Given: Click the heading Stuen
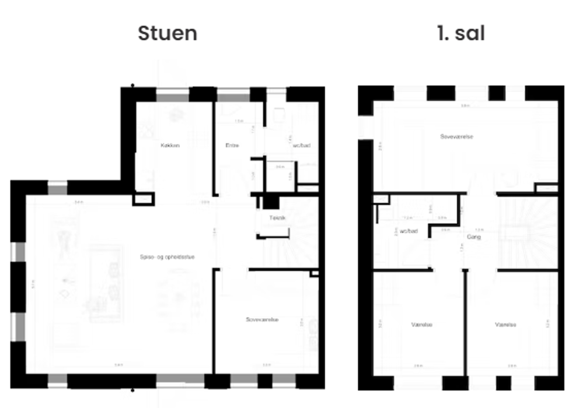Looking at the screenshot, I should click(x=168, y=33).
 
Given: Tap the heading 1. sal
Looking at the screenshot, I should click(x=461, y=33).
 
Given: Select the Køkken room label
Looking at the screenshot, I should click(x=170, y=145).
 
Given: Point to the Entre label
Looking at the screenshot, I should click(x=233, y=145).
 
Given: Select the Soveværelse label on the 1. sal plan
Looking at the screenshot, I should click(x=456, y=136).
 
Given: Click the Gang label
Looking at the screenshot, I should click(x=473, y=237).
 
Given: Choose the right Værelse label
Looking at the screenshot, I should click(x=505, y=325).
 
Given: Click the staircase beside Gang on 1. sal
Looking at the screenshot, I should click(x=528, y=233).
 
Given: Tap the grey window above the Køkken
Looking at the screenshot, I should click(x=173, y=94).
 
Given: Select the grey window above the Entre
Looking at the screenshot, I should click(x=233, y=94).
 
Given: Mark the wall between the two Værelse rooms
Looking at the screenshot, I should click(x=465, y=323).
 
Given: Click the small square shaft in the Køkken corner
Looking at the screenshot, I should click(x=143, y=199).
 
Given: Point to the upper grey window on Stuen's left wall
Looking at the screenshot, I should click(x=19, y=252).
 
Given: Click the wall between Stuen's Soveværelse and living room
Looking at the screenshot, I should click(x=215, y=321).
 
